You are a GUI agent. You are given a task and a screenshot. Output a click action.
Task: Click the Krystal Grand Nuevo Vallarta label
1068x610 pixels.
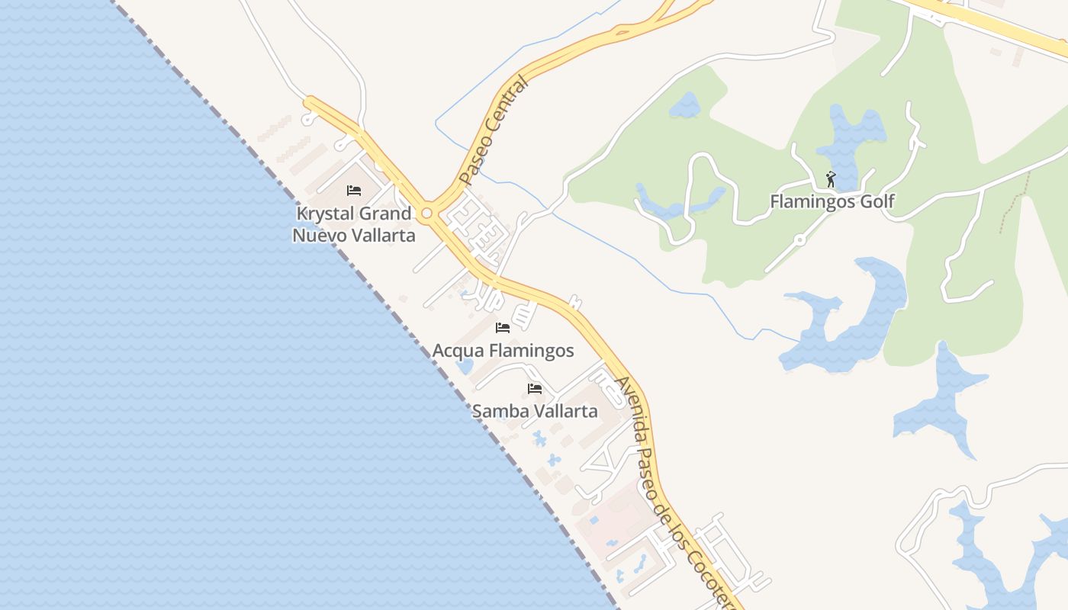click(x=354, y=224)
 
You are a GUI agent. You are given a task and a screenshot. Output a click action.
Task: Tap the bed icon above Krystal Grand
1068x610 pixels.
click(x=354, y=190)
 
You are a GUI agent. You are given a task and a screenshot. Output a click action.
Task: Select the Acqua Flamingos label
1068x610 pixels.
click(x=503, y=351)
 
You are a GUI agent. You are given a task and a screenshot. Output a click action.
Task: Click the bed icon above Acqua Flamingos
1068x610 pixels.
click(x=503, y=328)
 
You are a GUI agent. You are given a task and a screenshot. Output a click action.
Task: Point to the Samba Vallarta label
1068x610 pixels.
click(x=535, y=411)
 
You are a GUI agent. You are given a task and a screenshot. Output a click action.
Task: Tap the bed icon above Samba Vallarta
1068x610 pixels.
click(x=535, y=389)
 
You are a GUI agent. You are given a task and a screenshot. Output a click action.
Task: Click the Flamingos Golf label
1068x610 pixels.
click(x=832, y=202)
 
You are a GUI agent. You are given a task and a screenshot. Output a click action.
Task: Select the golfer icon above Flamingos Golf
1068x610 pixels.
click(x=831, y=180)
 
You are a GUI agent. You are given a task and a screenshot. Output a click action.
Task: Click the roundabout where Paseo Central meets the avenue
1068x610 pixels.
click(x=427, y=213)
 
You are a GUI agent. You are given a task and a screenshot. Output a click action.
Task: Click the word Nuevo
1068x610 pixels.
click(x=317, y=235)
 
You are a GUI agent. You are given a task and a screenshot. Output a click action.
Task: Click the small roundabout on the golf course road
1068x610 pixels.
click(x=799, y=239)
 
